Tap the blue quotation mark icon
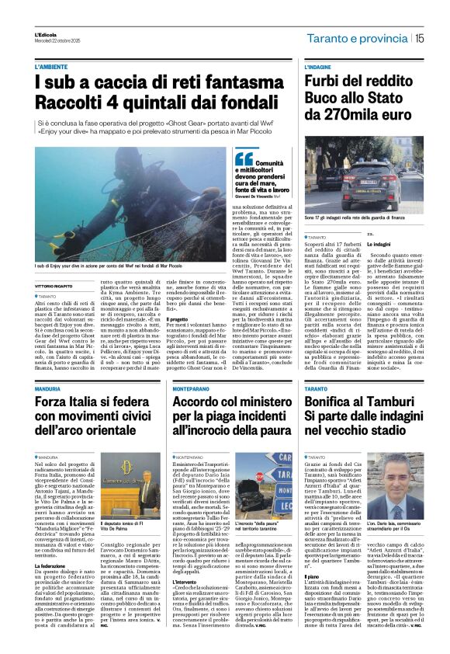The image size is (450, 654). coord(244,158)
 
